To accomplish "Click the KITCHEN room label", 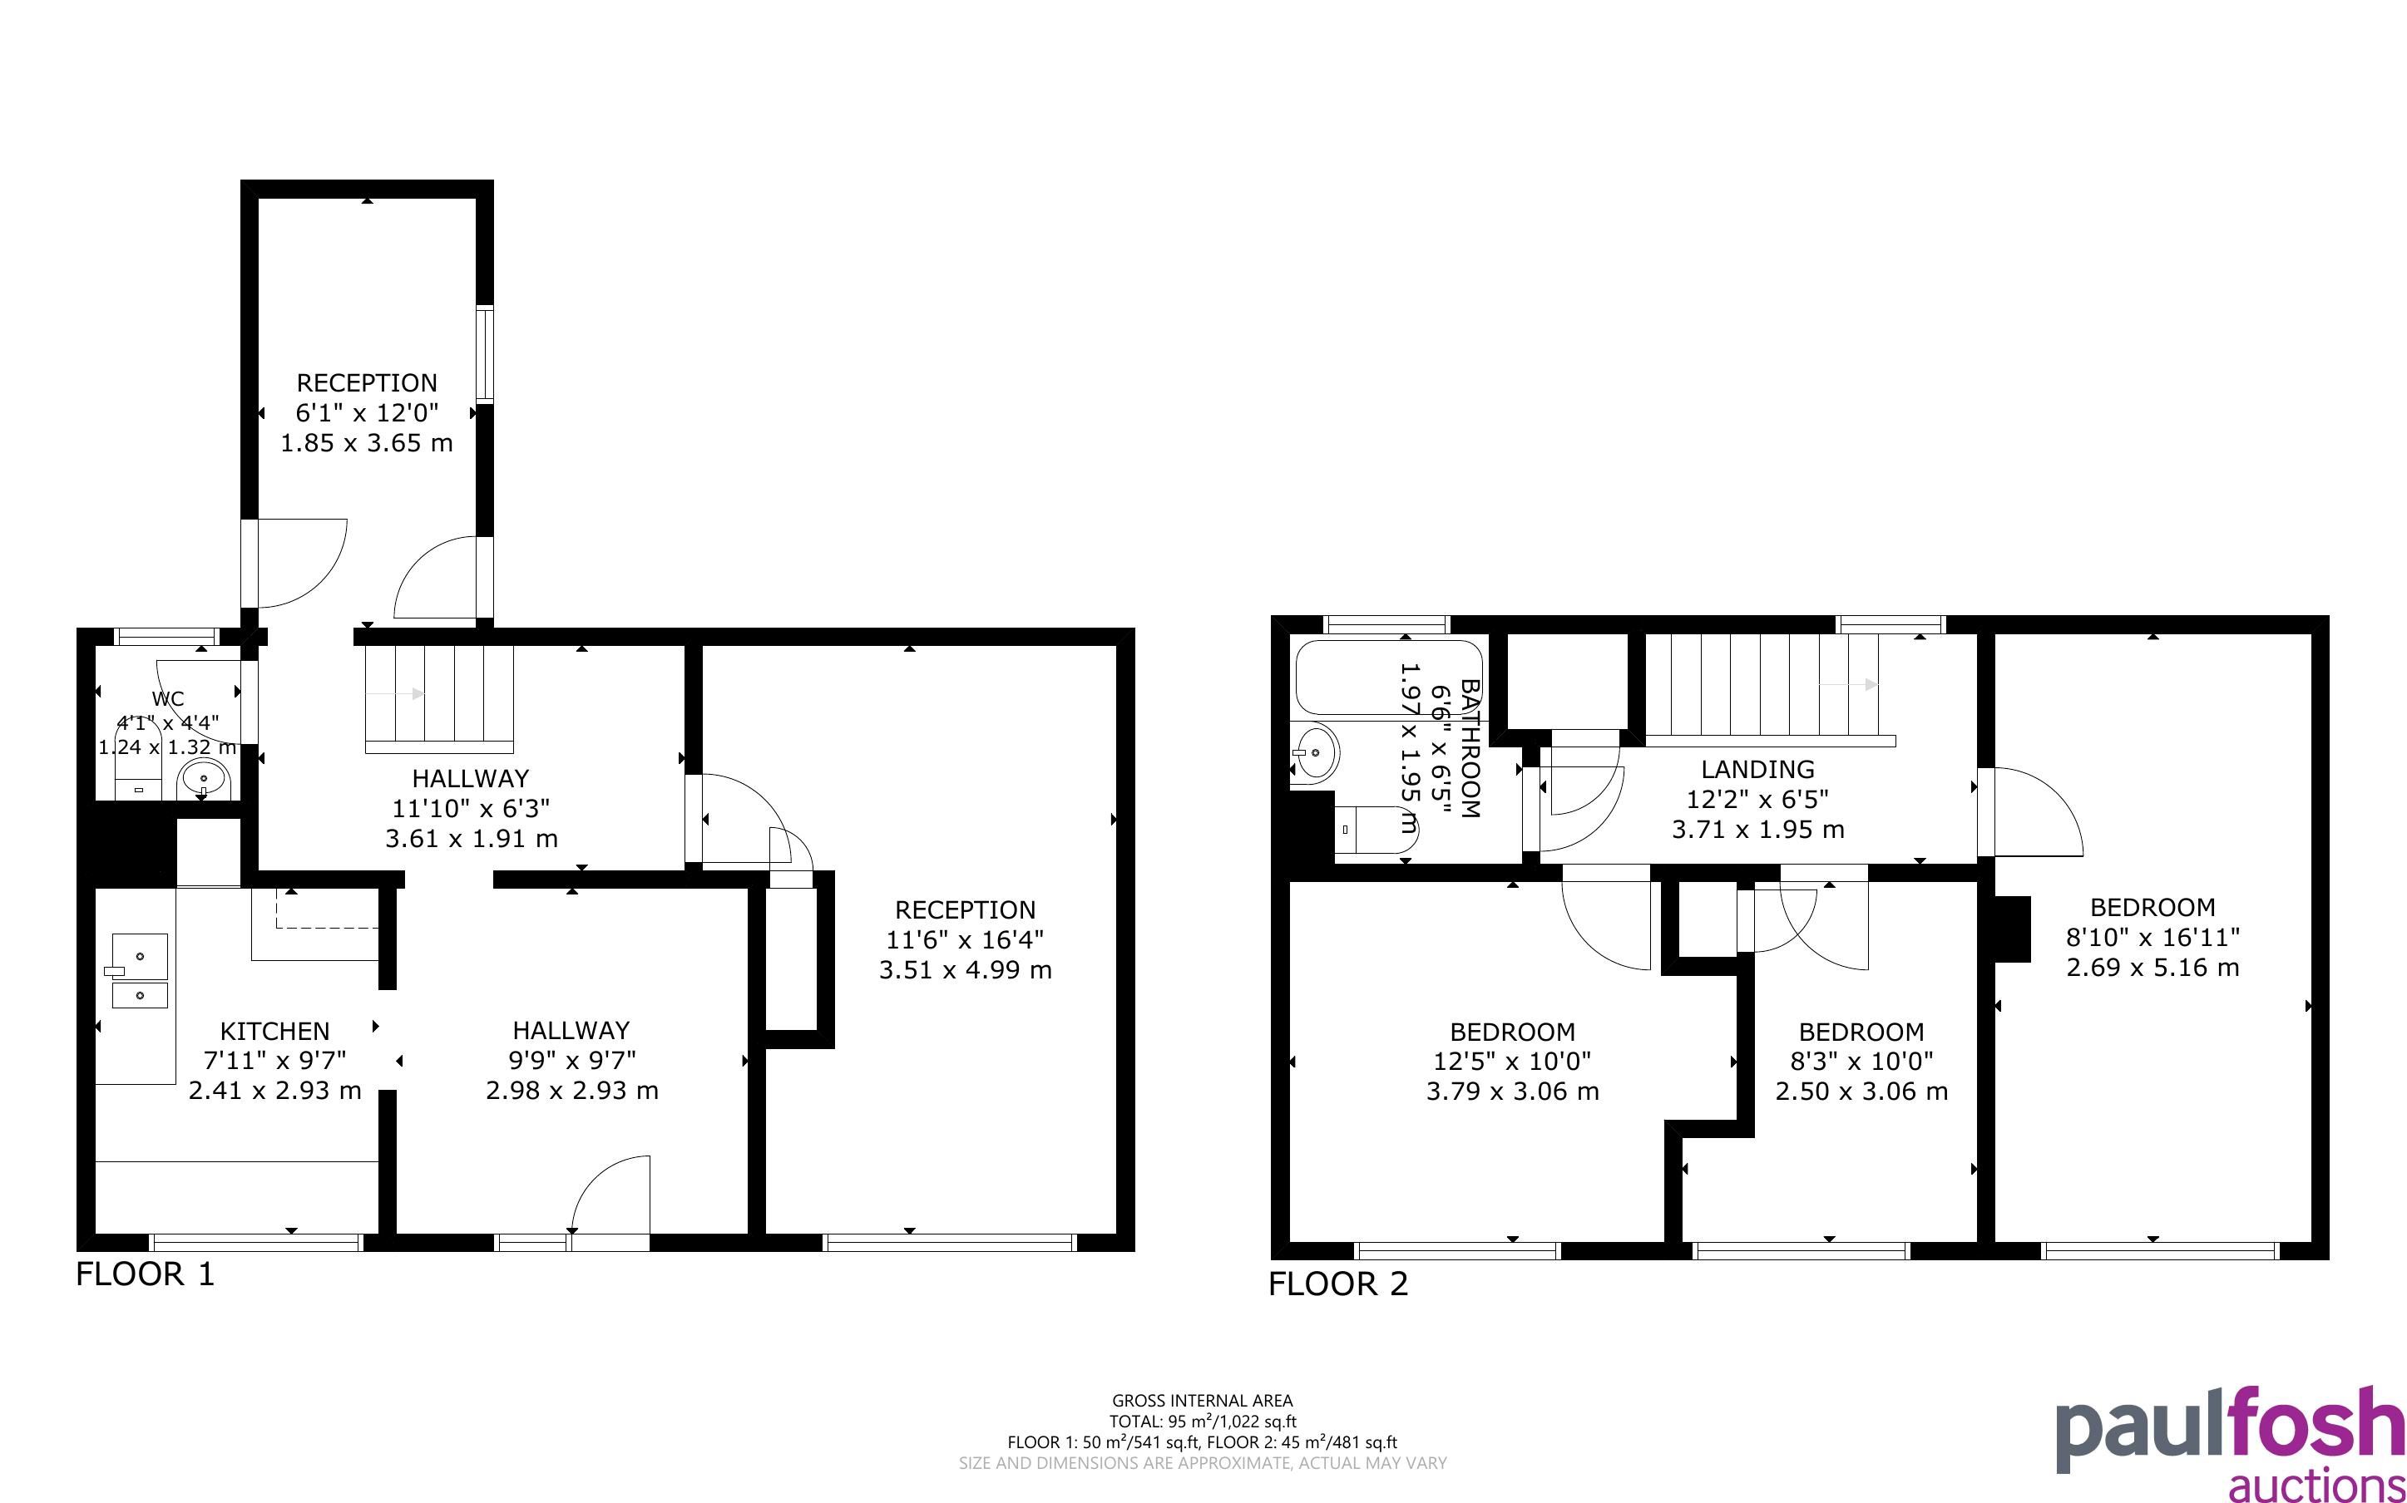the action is (x=274, y=1031).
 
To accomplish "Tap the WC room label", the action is (x=168, y=699).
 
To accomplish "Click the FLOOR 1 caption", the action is (x=146, y=1274).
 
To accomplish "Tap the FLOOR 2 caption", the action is (x=1338, y=1284).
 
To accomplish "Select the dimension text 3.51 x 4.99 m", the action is (x=965, y=970).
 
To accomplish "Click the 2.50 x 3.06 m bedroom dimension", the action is (x=1861, y=1092).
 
